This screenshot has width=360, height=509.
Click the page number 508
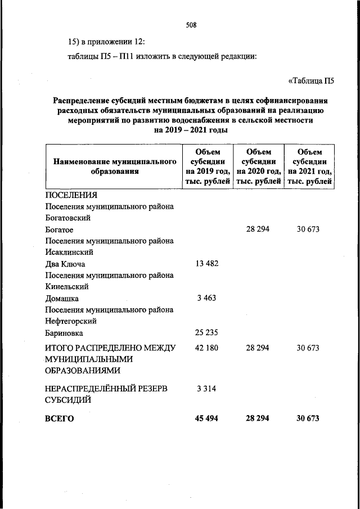click(x=190, y=25)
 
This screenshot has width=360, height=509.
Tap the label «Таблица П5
click(x=311, y=80)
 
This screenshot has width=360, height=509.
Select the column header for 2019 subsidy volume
click(x=208, y=166)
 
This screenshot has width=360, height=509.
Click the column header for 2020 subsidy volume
click(x=258, y=166)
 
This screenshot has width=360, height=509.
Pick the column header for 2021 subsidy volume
click(x=309, y=166)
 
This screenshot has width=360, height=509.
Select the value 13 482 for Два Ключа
click(x=208, y=264)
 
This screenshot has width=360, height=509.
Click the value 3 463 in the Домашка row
click(x=208, y=298)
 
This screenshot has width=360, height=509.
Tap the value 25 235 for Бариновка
click(x=208, y=332)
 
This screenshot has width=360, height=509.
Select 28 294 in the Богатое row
click(x=258, y=229)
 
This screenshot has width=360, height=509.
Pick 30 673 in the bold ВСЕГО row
click(x=309, y=418)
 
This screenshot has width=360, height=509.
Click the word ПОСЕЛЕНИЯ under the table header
click(x=71, y=195)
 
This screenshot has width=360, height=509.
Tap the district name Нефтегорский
click(x=70, y=321)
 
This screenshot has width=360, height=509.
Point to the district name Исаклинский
click(x=69, y=252)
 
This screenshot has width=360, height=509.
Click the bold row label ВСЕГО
click(x=60, y=418)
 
